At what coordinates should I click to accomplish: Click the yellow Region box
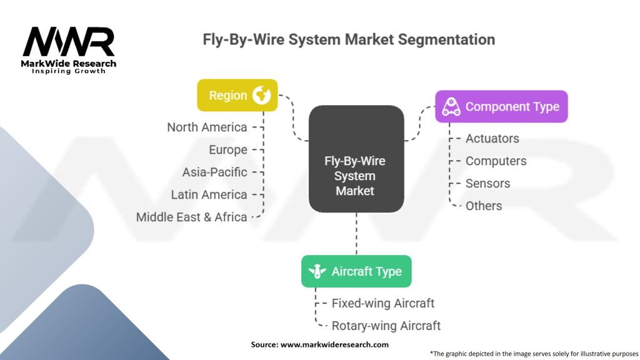(x=237, y=95)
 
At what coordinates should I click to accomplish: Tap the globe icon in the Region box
(x=261, y=95)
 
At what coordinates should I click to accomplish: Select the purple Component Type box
(x=501, y=106)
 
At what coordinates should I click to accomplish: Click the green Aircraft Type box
(x=356, y=271)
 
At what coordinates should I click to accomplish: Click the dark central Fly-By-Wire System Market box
(x=356, y=158)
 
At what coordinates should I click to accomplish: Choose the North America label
(x=207, y=127)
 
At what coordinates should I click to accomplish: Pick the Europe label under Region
(x=228, y=150)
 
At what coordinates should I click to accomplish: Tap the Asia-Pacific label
(x=214, y=172)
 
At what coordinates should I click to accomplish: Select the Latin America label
(x=209, y=195)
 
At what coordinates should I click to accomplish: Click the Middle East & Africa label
(x=192, y=217)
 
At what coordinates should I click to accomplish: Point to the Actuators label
(x=492, y=138)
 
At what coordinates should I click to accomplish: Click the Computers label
(x=496, y=161)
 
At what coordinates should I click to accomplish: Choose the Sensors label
(x=487, y=183)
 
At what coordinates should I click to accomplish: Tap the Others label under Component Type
(x=483, y=206)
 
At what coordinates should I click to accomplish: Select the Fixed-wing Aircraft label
(x=382, y=303)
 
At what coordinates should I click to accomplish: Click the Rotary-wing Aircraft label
(x=386, y=326)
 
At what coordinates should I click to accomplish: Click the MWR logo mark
(x=69, y=42)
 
